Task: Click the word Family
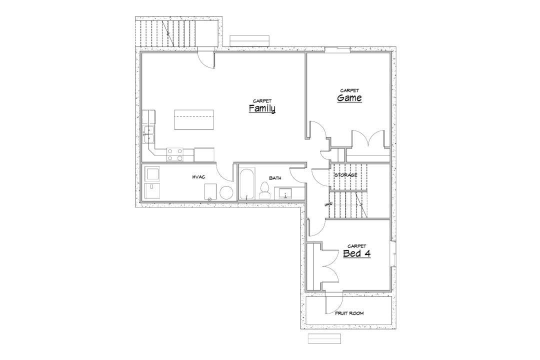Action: tap(262, 109)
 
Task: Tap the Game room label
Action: tap(349, 98)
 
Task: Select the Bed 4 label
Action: tap(357, 254)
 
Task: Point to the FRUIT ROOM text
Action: tap(349, 313)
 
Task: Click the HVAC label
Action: tap(198, 177)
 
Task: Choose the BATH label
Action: tap(275, 178)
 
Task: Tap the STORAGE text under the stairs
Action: tap(346, 175)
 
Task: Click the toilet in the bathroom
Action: tap(264, 191)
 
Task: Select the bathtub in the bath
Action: tap(247, 184)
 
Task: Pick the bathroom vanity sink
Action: tap(285, 193)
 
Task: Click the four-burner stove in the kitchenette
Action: tap(175, 154)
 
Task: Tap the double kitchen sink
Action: tap(149, 134)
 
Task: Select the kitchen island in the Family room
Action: tap(194, 119)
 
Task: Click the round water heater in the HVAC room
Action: tap(226, 193)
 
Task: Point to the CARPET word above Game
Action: tap(349, 90)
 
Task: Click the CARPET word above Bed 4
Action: tap(357, 246)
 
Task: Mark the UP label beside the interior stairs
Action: tap(328, 204)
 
